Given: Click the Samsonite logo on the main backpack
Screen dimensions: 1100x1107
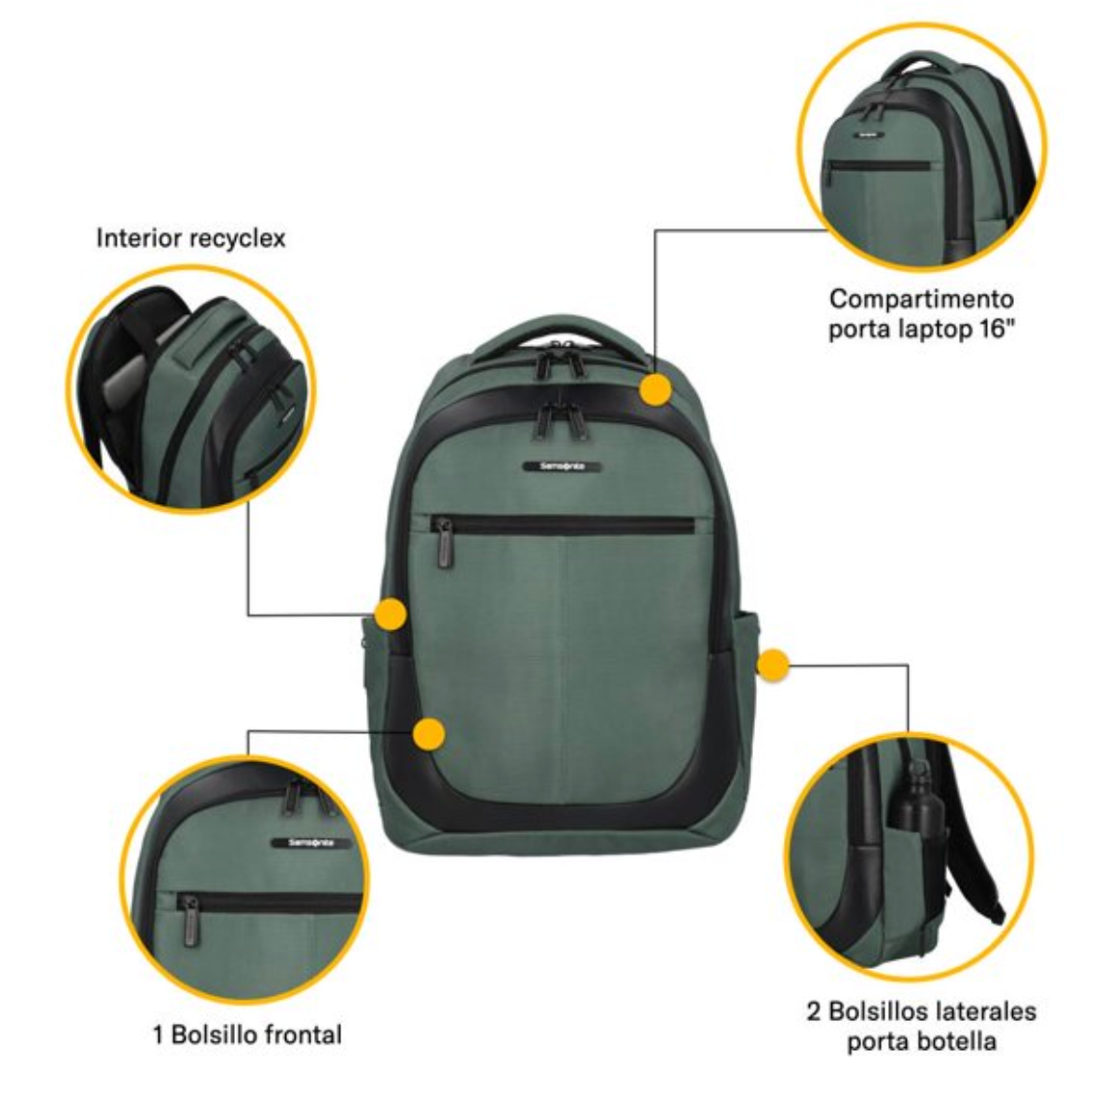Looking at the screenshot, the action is click(564, 466).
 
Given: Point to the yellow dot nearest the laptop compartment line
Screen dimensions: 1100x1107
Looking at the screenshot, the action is click(655, 389).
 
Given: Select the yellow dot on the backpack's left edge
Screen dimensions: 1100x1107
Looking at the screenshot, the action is click(390, 613).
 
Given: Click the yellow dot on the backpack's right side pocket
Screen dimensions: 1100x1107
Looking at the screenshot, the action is click(772, 665).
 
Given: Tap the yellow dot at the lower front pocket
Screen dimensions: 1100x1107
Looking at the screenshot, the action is click(429, 733).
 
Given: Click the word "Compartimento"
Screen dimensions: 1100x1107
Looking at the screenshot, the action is click(921, 299).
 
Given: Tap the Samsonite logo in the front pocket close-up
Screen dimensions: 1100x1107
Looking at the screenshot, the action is click(311, 843).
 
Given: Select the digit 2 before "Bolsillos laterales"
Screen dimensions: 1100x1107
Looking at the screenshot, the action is click(814, 1011).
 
